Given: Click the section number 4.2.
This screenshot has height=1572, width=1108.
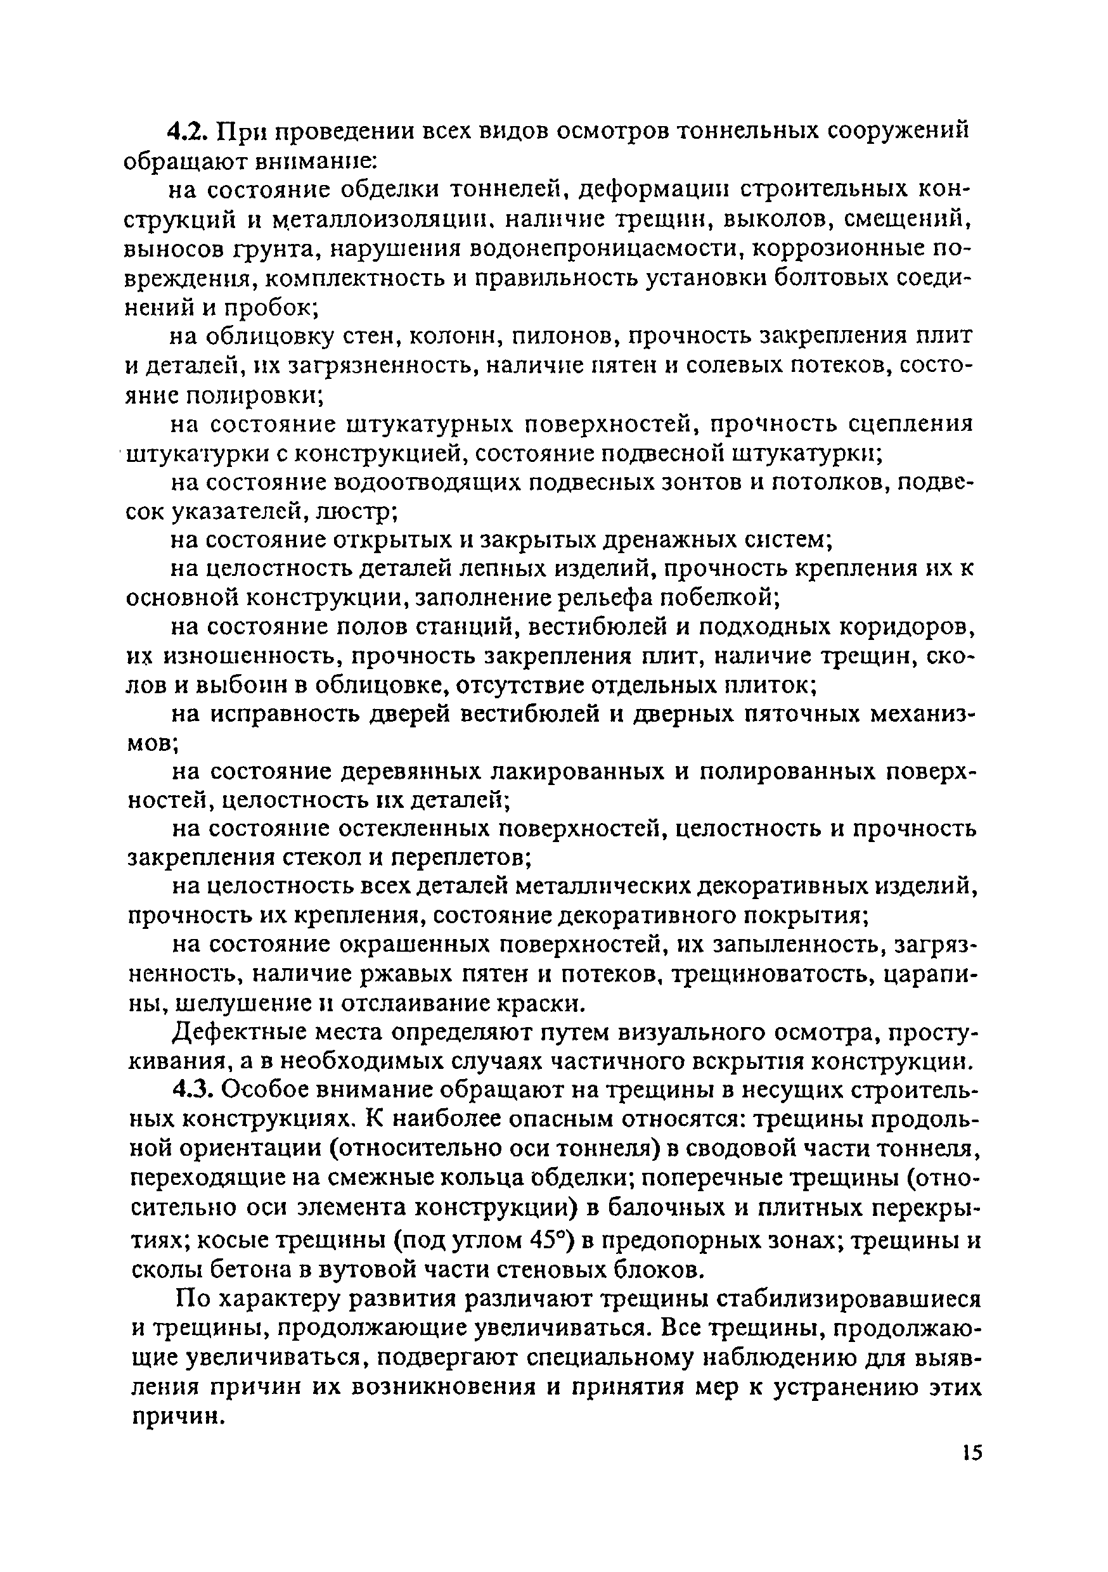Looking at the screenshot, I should (x=191, y=131).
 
